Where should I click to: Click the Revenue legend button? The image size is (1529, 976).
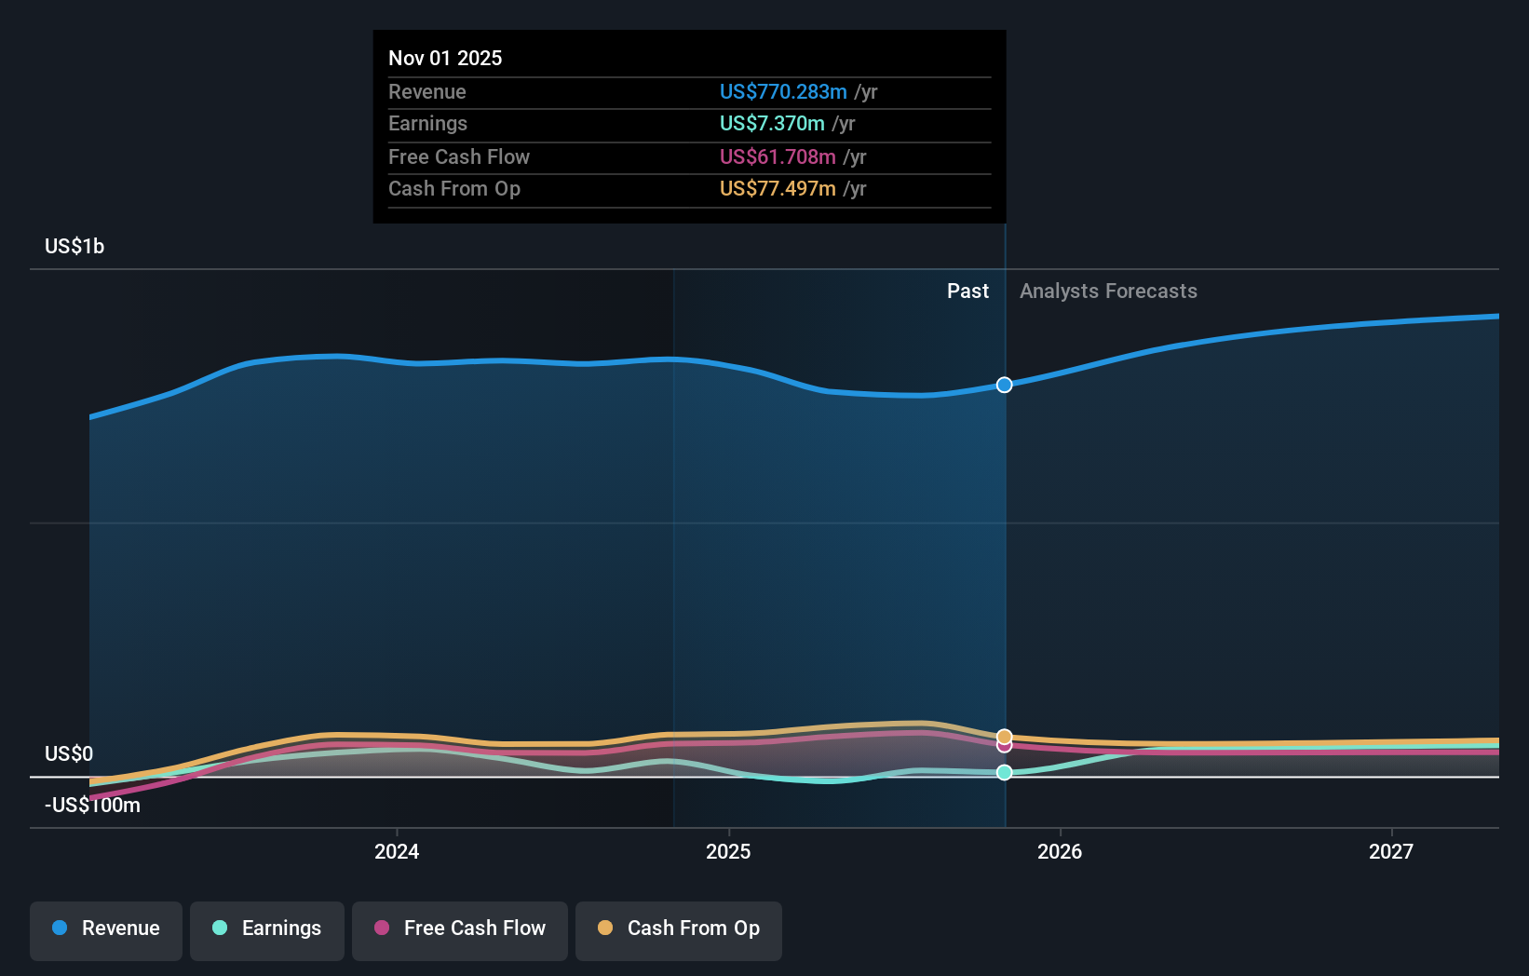tap(106, 929)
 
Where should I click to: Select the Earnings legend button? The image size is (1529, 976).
tap(267, 929)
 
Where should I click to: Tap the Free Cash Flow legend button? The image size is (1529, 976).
tap(460, 929)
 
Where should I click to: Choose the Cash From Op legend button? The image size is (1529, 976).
tap(679, 929)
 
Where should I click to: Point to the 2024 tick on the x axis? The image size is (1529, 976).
tap(397, 851)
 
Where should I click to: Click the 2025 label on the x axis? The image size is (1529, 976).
tap(728, 851)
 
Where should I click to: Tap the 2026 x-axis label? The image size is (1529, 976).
tap(1060, 851)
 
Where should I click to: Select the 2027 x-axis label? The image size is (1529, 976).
tap(1391, 851)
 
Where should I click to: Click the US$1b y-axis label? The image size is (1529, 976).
tap(74, 247)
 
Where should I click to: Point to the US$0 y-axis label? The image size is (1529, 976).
tap(69, 753)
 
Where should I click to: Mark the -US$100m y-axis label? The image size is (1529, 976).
tap(93, 806)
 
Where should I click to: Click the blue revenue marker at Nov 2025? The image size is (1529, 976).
tap(1004, 385)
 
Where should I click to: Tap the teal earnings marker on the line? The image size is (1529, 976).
tap(1004, 772)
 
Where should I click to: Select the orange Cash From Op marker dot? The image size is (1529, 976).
tap(1004, 737)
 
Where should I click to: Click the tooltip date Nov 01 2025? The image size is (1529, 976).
tap(445, 58)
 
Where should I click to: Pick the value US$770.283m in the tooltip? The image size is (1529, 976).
tap(783, 91)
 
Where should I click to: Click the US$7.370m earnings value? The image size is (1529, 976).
tap(772, 124)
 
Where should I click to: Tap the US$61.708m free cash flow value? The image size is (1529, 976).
tap(778, 156)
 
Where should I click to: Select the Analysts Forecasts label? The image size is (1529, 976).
tap(1108, 291)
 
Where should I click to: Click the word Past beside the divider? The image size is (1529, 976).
tap(967, 291)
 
